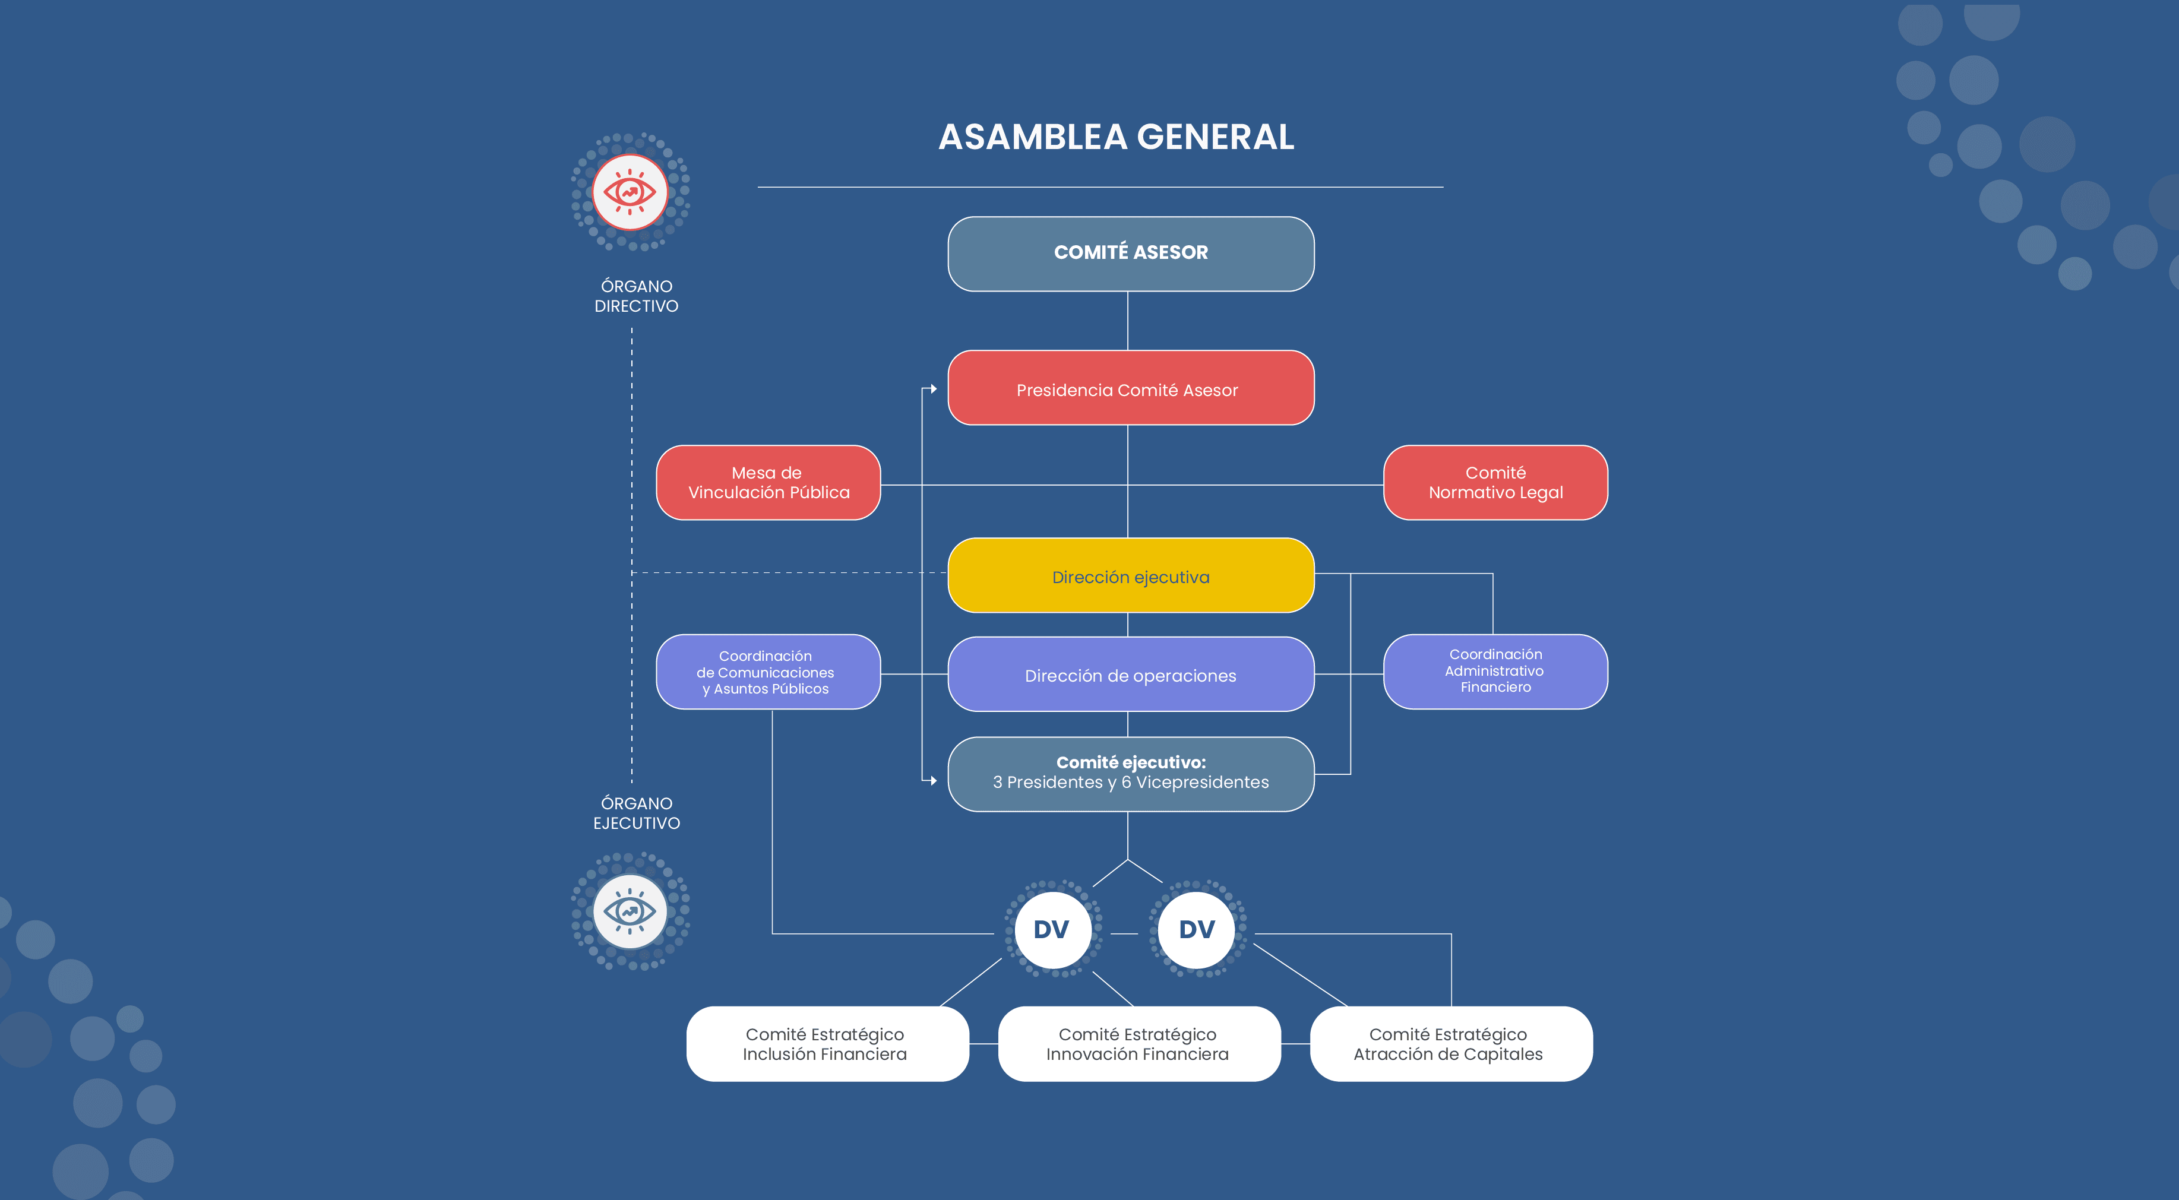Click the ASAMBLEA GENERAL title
click(x=1116, y=137)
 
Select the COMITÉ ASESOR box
click(x=1130, y=253)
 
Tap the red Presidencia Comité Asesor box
click(x=1130, y=388)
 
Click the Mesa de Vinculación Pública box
click(x=768, y=483)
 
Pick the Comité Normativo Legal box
click(x=1495, y=483)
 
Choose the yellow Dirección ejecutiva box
click(x=1130, y=576)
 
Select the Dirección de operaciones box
click(x=1130, y=675)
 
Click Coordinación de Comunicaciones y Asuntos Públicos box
click(x=768, y=672)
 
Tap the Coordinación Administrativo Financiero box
click(x=1495, y=672)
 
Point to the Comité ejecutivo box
click(x=1130, y=774)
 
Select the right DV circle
click(x=1196, y=929)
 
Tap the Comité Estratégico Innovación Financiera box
click(x=1138, y=1044)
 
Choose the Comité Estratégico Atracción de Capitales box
click(x=1450, y=1044)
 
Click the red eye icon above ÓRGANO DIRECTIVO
click(x=630, y=192)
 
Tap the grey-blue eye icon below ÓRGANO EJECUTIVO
click(x=630, y=911)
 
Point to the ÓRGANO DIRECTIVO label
click(x=636, y=296)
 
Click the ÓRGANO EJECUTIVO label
click(x=636, y=813)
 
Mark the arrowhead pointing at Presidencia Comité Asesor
click(x=932, y=389)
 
